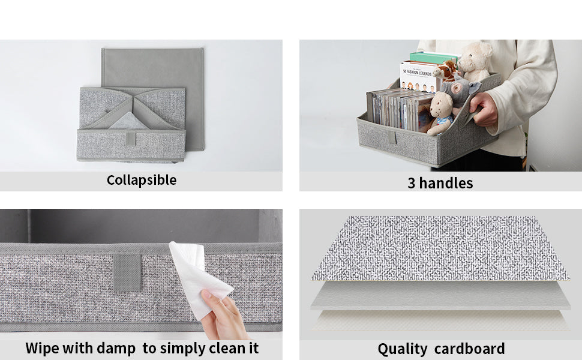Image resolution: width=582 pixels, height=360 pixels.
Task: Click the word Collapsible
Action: click(x=142, y=181)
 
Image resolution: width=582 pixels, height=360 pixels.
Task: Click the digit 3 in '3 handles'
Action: click(x=411, y=184)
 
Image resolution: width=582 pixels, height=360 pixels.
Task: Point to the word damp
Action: click(x=116, y=349)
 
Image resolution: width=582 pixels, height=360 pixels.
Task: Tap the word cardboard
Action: click(x=470, y=349)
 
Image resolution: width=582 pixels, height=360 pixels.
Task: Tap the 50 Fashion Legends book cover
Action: click(x=418, y=77)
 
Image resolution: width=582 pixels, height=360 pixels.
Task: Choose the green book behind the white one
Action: click(x=433, y=58)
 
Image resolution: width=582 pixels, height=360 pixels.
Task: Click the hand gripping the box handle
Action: click(x=483, y=109)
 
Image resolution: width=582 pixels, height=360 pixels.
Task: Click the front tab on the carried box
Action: click(x=392, y=137)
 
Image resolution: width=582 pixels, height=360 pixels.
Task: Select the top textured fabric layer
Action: click(x=440, y=248)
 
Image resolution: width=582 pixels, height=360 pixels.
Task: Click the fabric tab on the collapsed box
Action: click(x=131, y=139)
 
